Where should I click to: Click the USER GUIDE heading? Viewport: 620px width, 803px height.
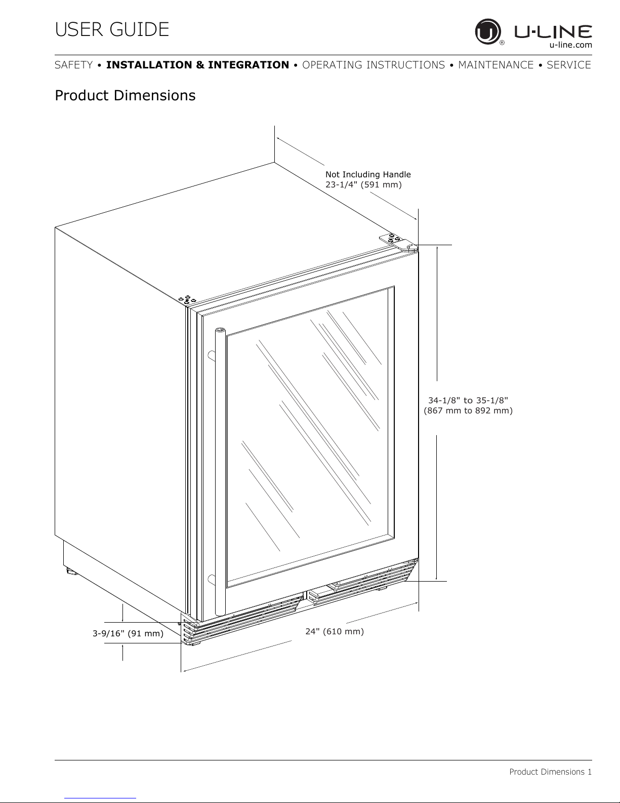(x=112, y=29)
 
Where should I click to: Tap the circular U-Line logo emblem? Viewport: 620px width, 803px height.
(x=488, y=32)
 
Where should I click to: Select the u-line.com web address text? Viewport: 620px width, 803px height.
(x=570, y=45)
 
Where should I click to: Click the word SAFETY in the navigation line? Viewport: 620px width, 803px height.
(x=74, y=65)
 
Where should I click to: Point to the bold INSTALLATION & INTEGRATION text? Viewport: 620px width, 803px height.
(x=197, y=65)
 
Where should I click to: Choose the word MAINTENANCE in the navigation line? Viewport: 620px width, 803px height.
(x=495, y=65)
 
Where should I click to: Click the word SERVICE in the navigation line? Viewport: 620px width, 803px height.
(x=569, y=65)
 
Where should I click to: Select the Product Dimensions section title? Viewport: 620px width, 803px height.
(x=125, y=95)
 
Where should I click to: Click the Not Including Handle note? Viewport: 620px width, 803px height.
(x=368, y=174)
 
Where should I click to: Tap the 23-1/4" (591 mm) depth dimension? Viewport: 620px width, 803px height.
(x=363, y=184)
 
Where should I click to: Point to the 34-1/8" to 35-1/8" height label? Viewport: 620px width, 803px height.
(x=468, y=400)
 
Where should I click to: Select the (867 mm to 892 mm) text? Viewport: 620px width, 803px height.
(x=468, y=410)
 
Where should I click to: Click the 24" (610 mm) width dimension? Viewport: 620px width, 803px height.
(x=335, y=631)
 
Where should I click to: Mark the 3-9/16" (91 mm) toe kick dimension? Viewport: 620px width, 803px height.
(x=128, y=633)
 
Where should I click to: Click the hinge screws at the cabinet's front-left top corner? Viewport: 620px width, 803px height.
(x=187, y=300)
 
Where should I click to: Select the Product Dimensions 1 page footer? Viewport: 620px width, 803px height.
(x=550, y=772)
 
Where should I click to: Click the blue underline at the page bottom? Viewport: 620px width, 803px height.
(x=100, y=798)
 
